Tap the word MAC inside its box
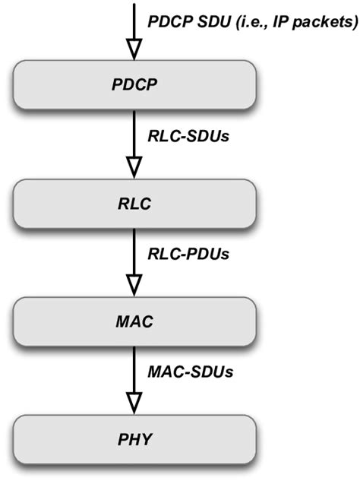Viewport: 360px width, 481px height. [134, 319]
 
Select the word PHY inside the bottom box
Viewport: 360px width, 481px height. [134, 439]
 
